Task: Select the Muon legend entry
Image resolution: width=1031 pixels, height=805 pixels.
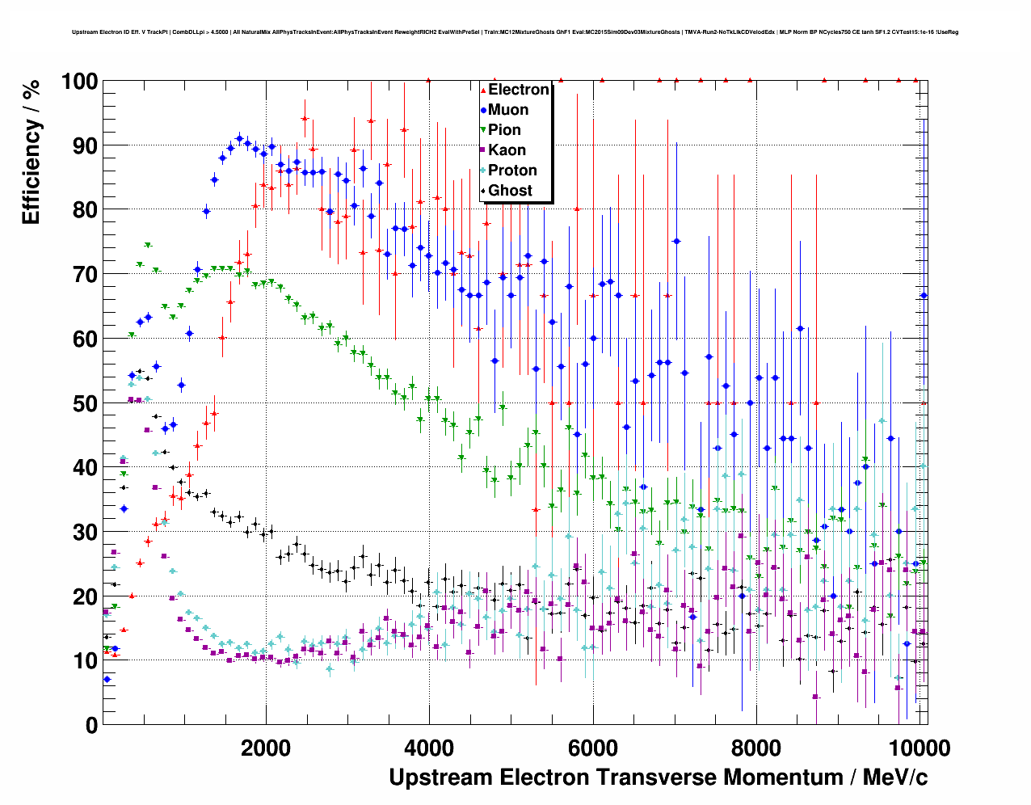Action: point(508,110)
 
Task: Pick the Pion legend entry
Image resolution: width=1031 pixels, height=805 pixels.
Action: point(504,130)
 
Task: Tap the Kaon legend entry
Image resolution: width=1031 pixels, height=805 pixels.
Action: point(507,150)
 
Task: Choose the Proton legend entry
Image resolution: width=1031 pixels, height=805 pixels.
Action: point(512,171)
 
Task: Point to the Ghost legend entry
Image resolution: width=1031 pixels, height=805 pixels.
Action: point(510,191)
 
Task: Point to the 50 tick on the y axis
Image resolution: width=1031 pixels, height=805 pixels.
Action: point(85,403)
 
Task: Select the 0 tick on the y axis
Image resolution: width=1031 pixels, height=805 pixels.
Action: point(91,725)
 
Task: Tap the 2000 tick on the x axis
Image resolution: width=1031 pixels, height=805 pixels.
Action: point(266,748)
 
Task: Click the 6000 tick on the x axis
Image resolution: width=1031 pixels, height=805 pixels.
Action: point(593,748)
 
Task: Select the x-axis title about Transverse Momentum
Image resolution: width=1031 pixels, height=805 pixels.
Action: point(658,778)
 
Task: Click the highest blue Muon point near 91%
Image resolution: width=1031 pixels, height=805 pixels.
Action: point(239,139)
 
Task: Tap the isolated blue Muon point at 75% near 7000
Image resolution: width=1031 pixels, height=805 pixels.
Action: point(676,241)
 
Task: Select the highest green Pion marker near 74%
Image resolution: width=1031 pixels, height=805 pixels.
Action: point(148,245)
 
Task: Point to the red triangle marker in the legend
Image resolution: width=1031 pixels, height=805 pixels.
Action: point(483,90)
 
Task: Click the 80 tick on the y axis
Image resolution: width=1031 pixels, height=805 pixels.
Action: point(85,210)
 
